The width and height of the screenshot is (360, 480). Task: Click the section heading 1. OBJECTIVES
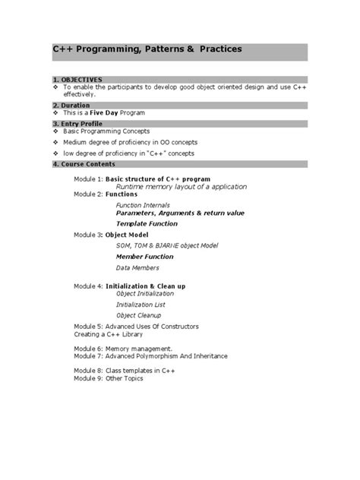tap(77, 80)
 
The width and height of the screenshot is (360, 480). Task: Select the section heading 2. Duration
tap(71, 105)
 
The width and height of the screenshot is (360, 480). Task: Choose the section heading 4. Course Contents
tap(84, 164)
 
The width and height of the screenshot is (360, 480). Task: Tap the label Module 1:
tap(88, 178)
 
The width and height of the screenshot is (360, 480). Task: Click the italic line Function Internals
tap(143, 205)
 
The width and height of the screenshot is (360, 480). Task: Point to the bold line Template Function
tap(147, 224)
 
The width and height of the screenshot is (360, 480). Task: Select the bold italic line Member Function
tap(144, 257)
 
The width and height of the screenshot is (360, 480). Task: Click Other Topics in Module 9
tap(124, 377)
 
